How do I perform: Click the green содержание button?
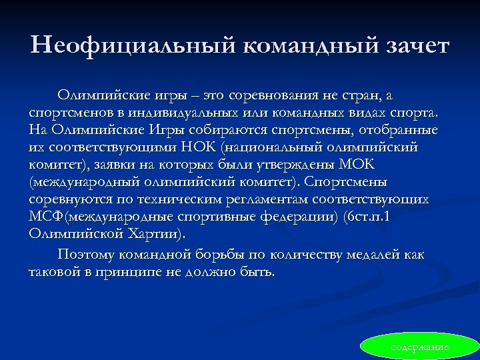pos(420,347)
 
